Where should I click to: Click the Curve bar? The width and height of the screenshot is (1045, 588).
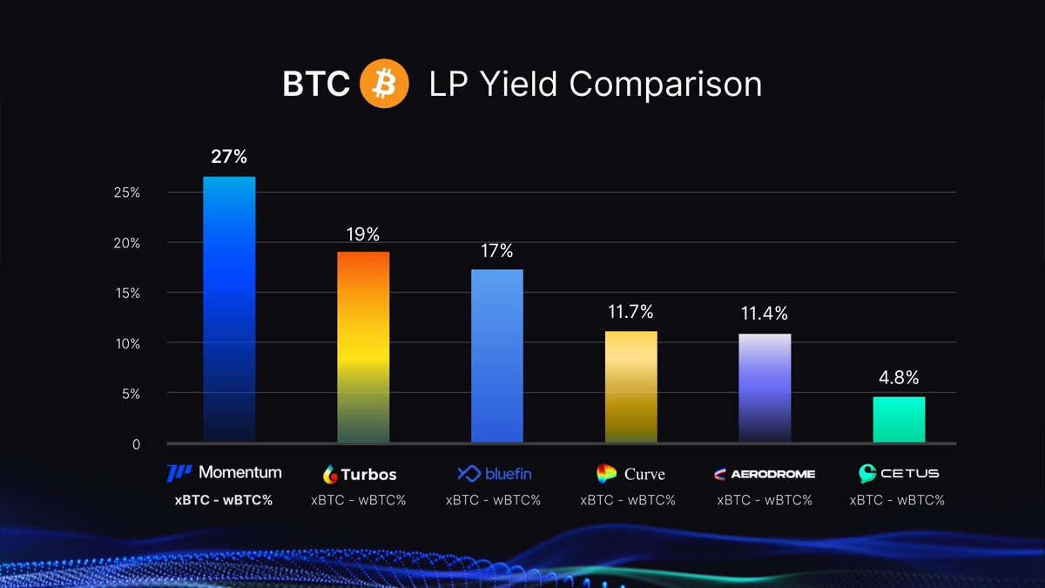click(x=631, y=387)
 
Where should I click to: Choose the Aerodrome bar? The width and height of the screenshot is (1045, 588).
click(x=765, y=389)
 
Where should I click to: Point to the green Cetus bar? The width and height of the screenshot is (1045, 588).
click(x=899, y=420)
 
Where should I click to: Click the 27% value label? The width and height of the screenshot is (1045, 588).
click(x=229, y=158)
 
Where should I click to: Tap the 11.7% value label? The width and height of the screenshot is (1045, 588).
click(x=631, y=312)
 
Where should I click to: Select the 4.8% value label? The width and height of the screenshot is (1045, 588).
click(x=899, y=378)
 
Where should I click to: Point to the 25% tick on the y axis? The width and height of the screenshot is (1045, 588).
click(x=126, y=192)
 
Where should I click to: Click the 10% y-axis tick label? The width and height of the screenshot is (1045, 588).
click(x=126, y=343)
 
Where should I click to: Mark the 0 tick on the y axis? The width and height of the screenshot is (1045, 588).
click(x=135, y=444)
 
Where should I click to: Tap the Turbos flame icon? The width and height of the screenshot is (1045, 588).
click(x=330, y=474)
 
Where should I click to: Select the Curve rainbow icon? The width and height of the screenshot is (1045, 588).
click(x=606, y=474)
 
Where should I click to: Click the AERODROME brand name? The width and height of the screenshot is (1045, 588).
click(x=772, y=474)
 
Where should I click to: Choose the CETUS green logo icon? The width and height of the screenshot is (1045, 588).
click(x=867, y=474)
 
